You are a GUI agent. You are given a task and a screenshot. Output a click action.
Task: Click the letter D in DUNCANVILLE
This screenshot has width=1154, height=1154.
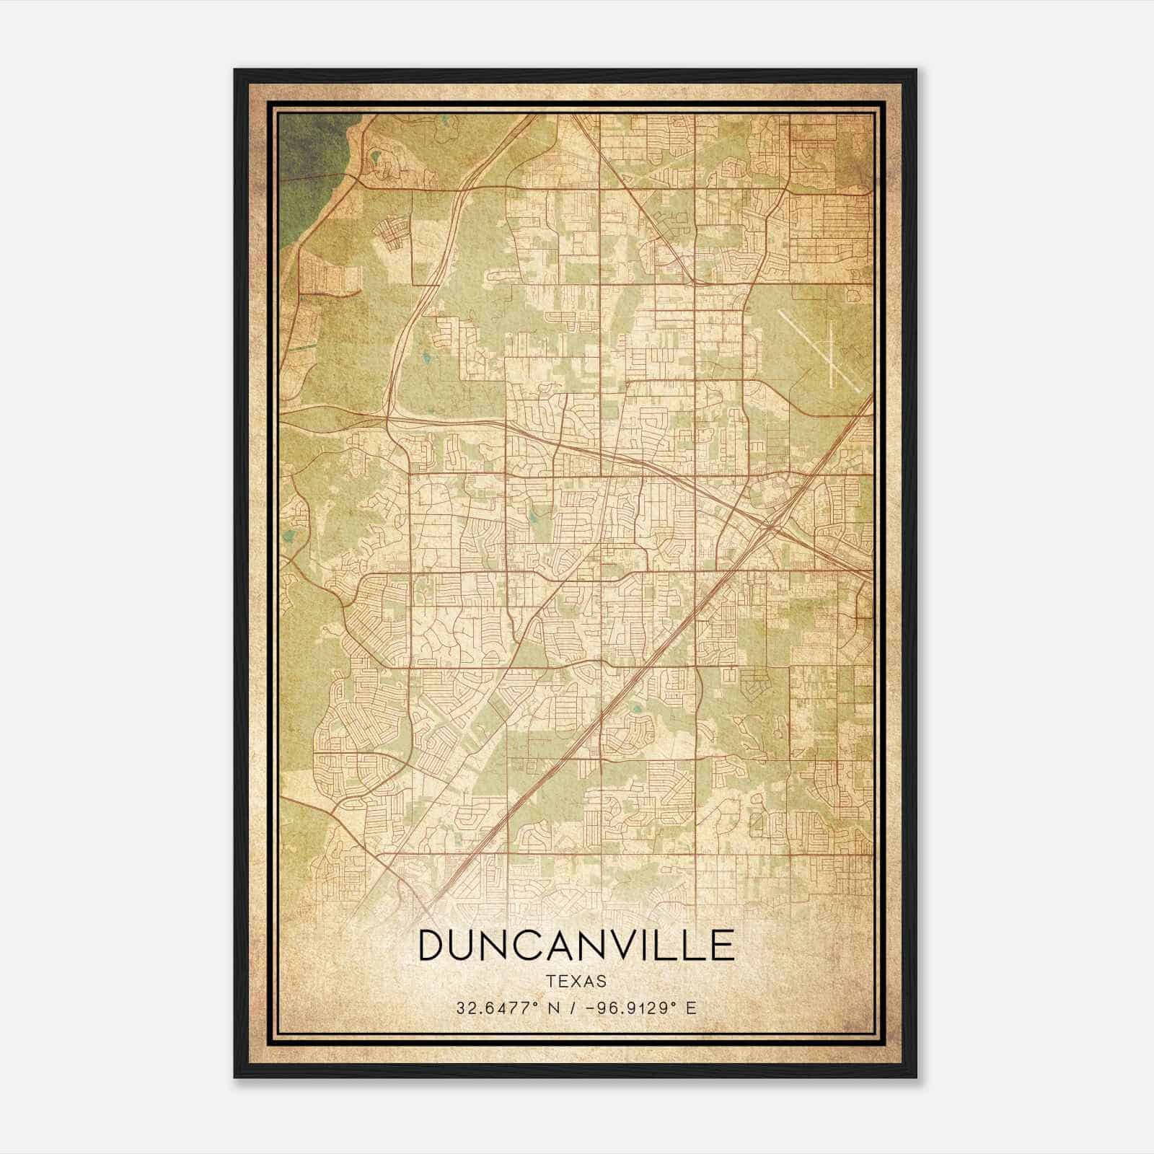[x=433, y=946]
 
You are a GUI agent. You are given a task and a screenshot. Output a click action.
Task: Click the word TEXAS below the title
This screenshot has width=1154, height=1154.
[x=576, y=981]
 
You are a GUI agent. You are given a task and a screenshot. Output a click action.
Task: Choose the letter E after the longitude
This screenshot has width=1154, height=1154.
[x=691, y=1008]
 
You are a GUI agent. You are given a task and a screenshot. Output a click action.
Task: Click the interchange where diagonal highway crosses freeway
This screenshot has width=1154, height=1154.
[x=769, y=526]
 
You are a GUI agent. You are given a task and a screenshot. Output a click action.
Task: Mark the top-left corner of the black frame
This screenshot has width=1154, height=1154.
[x=236, y=71]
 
